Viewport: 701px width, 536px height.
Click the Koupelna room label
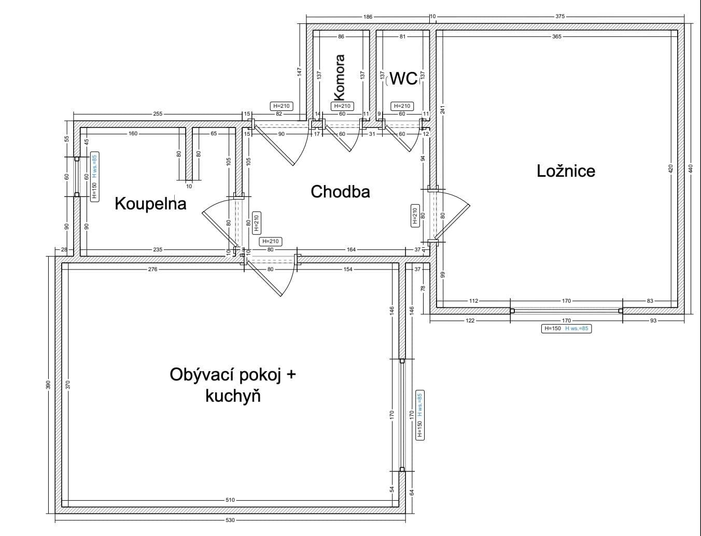coord(150,203)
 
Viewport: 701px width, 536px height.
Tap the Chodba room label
coord(340,192)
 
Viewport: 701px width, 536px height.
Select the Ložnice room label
coord(566,171)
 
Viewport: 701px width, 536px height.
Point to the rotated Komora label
coord(340,78)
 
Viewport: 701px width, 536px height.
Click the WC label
coord(403,78)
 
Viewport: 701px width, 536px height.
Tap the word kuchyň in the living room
coord(233,397)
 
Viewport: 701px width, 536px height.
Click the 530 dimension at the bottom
coord(230,520)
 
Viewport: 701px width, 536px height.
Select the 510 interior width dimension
coord(230,500)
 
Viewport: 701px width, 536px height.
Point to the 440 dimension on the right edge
coord(690,168)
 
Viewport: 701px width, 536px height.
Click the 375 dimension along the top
coord(560,17)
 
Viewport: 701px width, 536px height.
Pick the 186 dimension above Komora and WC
coord(368,17)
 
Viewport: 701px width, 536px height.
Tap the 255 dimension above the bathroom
coord(158,114)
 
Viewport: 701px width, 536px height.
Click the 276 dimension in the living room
coord(152,270)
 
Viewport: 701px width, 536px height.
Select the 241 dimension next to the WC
coord(442,109)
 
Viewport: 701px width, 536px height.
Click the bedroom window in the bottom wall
coord(566,311)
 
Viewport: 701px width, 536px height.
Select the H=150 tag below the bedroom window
coord(552,328)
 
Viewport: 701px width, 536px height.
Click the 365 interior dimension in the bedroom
coord(556,36)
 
